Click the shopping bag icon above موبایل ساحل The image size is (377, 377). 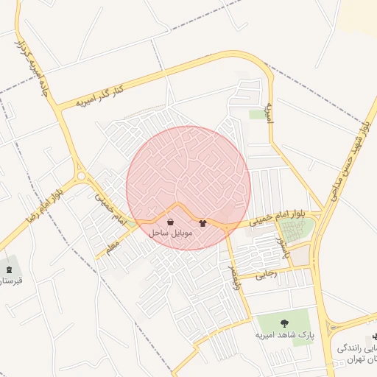point(171,222)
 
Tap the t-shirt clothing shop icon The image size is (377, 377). point(203,222)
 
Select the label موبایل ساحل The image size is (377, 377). point(171,233)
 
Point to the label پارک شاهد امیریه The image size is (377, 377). point(285,334)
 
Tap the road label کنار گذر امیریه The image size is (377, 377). point(101,96)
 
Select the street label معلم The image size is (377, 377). point(111,247)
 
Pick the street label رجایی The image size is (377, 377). point(266,275)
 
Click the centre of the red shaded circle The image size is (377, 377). point(188,188)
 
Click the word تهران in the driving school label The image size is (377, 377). point(364,357)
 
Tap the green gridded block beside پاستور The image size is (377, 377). point(296,230)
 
